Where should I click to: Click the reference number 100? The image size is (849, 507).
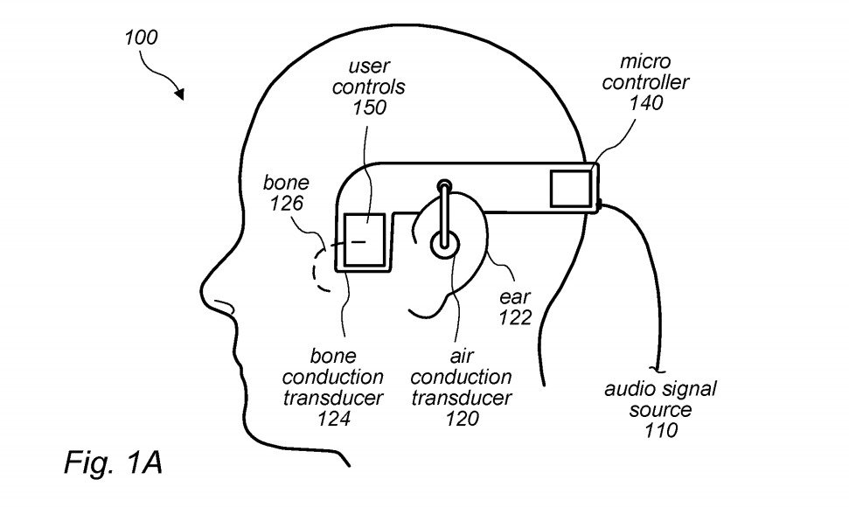(142, 38)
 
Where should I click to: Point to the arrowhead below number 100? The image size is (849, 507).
(179, 94)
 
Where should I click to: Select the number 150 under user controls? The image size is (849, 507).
(370, 108)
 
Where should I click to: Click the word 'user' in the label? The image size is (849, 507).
(369, 66)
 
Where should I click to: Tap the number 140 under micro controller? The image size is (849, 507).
(646, 102)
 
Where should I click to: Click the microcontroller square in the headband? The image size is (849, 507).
(571, 188)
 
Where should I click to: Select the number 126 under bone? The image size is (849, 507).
(287, 203)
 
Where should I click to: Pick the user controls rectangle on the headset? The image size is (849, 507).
(365, 240)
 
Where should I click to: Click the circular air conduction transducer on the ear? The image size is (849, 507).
(444, 244)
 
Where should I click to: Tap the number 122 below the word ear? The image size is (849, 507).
(515, 317)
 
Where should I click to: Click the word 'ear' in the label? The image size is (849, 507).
(515, 297)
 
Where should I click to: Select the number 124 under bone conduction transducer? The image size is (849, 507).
(333, 418)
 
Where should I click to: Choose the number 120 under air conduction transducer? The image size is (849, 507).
(462, 418)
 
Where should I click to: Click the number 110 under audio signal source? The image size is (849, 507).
(660, 430)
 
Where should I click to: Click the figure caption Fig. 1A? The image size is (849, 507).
(113, 462)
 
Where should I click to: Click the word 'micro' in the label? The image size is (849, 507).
(645, 61)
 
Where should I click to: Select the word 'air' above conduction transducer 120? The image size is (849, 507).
(462, 356)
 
